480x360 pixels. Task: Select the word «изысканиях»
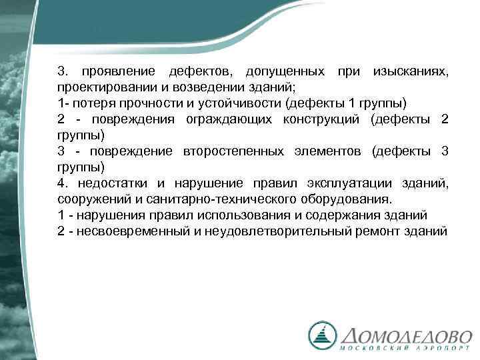(x=411, y=71)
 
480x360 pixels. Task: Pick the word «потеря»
(x=88, y=103)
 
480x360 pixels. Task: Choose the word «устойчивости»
(x=221, y=103)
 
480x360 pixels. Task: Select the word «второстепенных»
(x=233, y=151)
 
